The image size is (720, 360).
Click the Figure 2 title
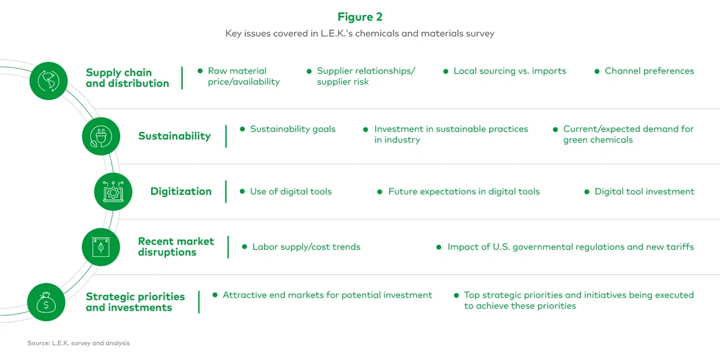coord(359,17)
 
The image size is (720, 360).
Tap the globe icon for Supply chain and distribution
coord(48,81)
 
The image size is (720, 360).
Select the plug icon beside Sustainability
coord(101,136)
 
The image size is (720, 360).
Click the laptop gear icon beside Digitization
coord(113,192)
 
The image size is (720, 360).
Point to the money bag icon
coord(46,302)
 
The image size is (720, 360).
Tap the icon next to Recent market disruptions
coord(101,247)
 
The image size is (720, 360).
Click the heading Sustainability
coord(174,136)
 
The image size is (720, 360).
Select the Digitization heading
coord(181,192)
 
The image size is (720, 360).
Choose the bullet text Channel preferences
coord(649,71)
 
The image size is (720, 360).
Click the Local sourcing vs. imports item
coord(510,71)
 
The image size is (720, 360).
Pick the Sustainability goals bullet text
coord(292,129)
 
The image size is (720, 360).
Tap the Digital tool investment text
coord(644,192)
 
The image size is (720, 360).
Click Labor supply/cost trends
coord(306,247)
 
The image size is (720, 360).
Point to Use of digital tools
coord(291,192)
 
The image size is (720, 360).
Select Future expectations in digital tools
coord(464,192)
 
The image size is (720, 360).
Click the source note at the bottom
coord(79,343)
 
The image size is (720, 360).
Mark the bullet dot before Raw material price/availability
coord(200,71)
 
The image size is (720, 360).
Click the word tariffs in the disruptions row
coord(679,247)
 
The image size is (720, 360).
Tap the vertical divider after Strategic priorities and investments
coord(199,302)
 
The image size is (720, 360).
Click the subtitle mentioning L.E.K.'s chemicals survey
coord(359,34)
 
